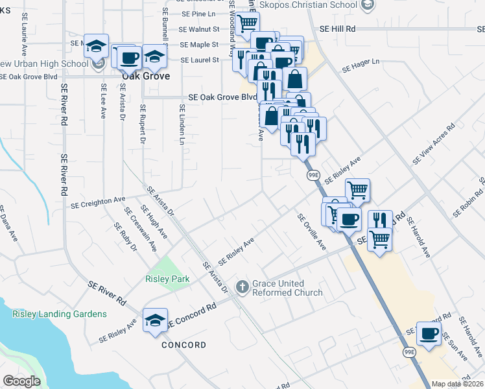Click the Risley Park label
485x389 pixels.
167,279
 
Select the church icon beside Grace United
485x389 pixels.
242,286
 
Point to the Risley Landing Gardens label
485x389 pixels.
58,314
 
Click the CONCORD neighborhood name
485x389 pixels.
183,345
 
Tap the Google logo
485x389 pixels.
21,381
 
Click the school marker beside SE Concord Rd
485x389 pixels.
155,320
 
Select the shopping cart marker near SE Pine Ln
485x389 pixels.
247,24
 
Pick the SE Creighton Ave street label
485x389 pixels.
97,203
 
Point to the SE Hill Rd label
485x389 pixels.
338,29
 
